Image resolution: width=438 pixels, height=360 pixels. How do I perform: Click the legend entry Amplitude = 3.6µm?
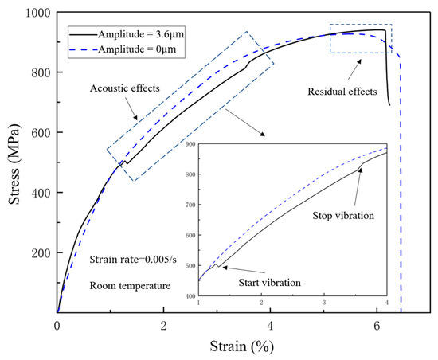141,35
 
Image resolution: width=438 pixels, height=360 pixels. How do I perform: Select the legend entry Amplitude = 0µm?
135,51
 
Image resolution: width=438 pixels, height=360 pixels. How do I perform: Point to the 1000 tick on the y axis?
34,13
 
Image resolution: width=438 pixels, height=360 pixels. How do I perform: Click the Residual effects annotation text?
342,92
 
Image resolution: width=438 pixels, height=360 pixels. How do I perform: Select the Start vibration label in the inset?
265,282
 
